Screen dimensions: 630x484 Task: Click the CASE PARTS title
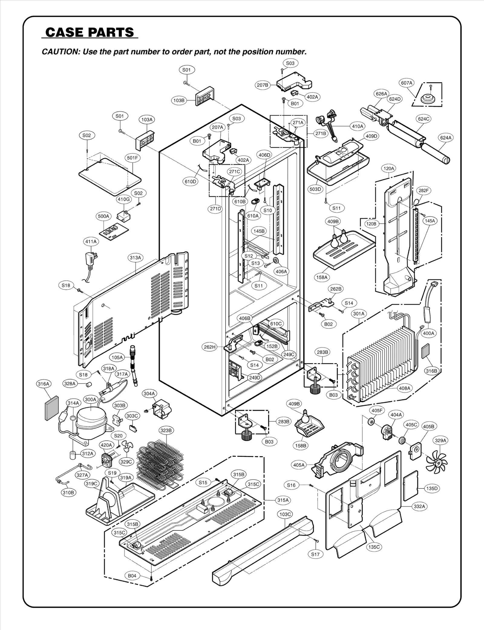[90, 32]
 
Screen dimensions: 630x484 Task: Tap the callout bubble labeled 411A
[91, 241]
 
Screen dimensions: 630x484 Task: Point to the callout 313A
[135, 258]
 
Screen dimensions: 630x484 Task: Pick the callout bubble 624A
[446, 138]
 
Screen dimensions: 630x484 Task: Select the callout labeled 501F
[132, 158]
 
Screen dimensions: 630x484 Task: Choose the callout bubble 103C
[285, 514]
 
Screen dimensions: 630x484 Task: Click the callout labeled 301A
[359, 314]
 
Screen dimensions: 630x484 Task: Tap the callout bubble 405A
[299, 465]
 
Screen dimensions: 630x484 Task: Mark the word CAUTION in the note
[59, 52]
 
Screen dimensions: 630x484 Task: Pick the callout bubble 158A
[322, 277]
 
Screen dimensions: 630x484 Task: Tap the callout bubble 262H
[209, 347]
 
